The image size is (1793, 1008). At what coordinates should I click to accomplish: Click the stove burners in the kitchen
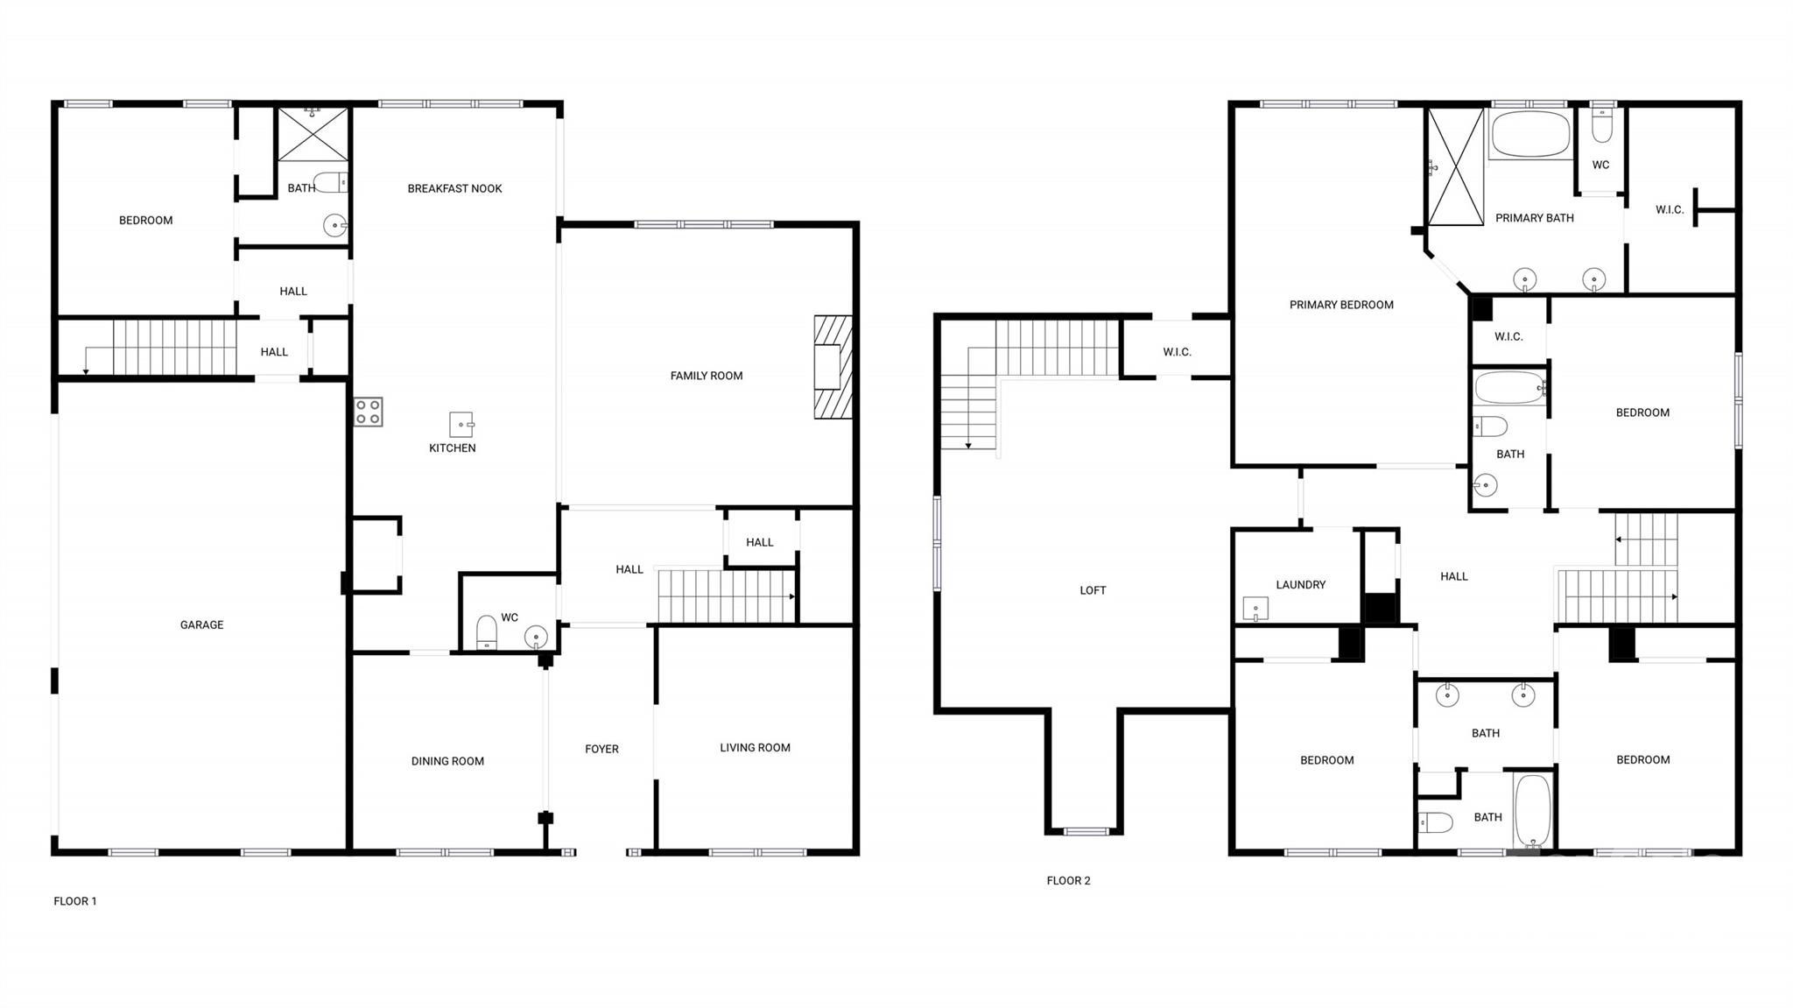pyautogui.click(x=369, y=412)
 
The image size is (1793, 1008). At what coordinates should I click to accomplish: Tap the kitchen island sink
pyautogui.click(x=461, y=425)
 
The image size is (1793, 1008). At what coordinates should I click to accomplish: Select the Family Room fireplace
pyautogui.click(x=833, y=367)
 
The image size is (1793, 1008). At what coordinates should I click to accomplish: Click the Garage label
pyautogui.click(x=202, y=624)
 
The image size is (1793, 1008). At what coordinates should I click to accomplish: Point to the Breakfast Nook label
pyautogui.click(x=454, y=188)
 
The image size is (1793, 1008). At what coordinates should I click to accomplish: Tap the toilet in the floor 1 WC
pyautogui.click(x=487, y=631)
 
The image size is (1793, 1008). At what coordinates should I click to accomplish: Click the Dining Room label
pyautogui.click(x=447, y=761)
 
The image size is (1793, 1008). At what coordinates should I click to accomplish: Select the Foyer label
pyautogui.click(x=601, y=749)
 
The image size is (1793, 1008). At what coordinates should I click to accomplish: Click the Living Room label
pyautogui.click(x=755, y=747)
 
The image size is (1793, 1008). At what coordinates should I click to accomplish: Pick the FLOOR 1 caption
pyautogui.click(x=75, y=901)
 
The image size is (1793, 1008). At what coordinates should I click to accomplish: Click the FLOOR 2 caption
pyautogui.click(x=1068, y=880)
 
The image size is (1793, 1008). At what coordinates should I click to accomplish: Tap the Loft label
pyautogui.click(x=1093, y=590)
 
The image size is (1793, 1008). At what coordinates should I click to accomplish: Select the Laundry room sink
pyautogui.click(x=1255, y=608)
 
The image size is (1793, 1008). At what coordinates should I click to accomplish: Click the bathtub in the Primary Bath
pyautogui.click(x=1529, y=134)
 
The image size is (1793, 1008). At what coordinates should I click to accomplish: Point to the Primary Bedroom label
pyautogui.click(x=1341, y=305)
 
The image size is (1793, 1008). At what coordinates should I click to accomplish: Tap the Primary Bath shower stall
pyautogui.click(x=1455, y=166)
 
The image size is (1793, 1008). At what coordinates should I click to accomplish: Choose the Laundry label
pyautogui.click(x=1300, y=584)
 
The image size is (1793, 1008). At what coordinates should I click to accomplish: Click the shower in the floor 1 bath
pyautogui.click(x=313, y=134)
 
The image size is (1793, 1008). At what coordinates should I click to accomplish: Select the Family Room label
pyautogui.click(x=707, y=376)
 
